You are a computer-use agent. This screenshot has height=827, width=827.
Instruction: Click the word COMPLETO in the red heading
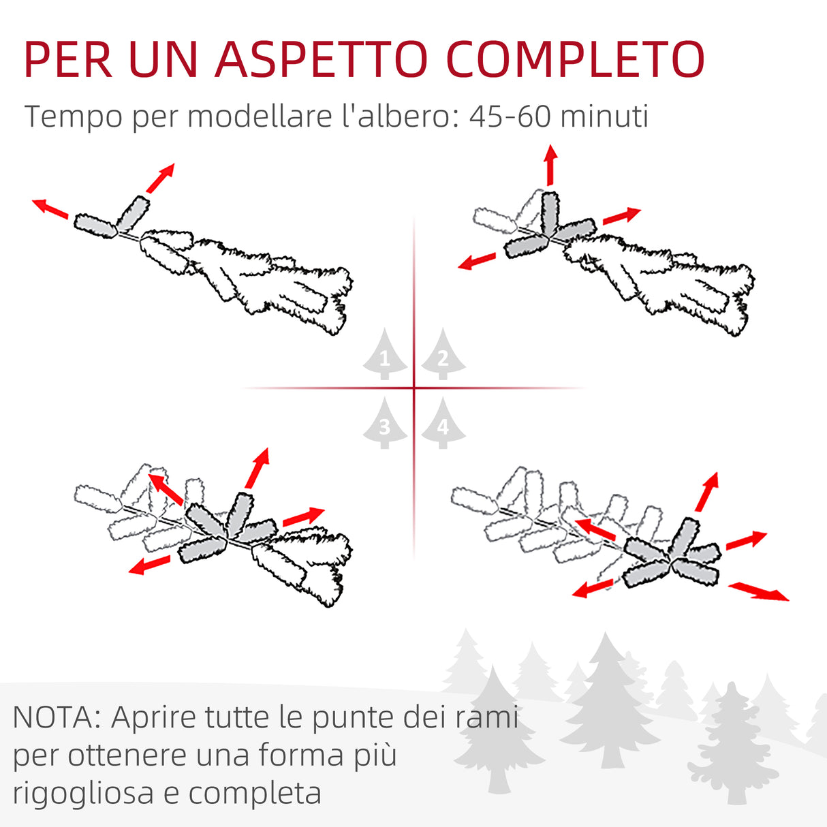[576, 60]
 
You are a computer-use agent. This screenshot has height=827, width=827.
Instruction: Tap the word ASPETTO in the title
[322, 60]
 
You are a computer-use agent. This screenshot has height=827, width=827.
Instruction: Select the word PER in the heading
[68, 60]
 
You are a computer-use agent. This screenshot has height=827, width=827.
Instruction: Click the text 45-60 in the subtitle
[510, 116]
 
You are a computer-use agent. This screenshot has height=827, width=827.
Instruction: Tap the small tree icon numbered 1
[385, 355]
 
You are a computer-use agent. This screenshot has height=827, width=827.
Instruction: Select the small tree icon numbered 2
[443, 355]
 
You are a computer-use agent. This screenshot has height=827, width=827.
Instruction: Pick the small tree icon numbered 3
[385, 424]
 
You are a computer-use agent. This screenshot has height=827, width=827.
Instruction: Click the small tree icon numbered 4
[443, 424]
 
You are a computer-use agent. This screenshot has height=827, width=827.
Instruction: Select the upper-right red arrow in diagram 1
[161, 178]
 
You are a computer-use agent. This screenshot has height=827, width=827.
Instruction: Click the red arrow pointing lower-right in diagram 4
[759, 591]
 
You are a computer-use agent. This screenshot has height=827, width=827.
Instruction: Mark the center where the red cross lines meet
[414, 388]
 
